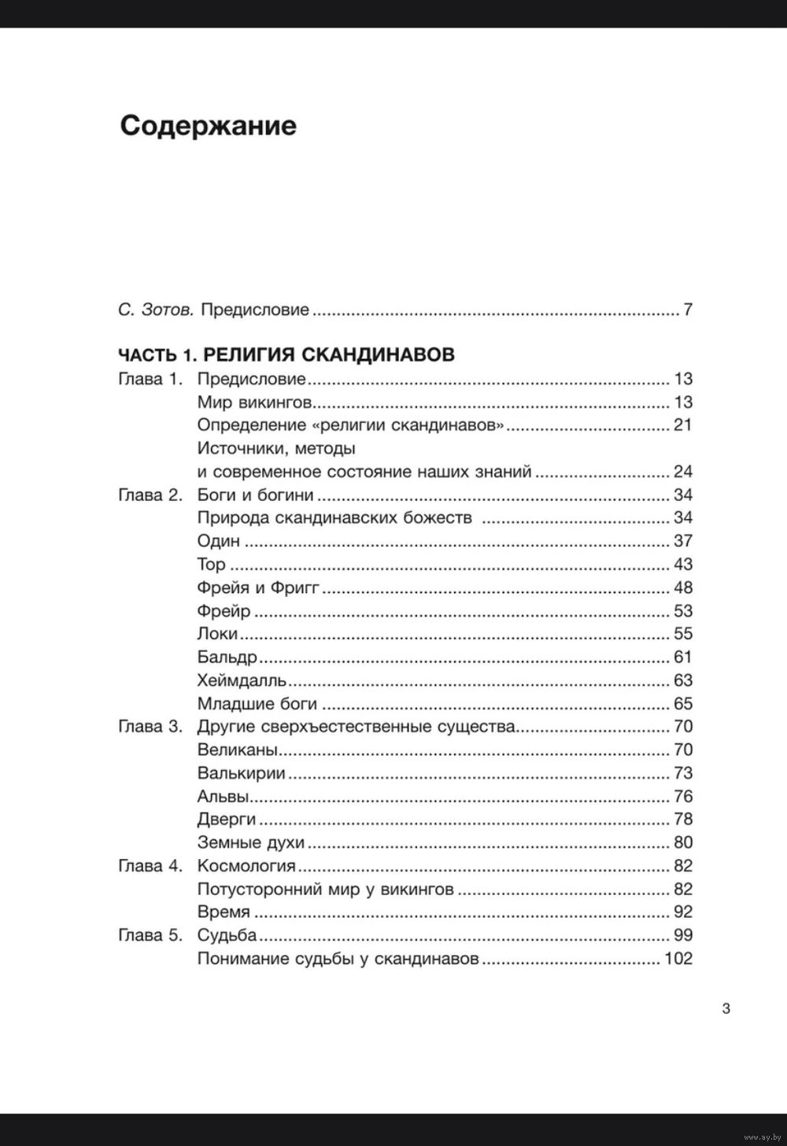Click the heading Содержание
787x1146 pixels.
[208, 126]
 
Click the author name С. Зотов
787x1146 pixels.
[156, 310]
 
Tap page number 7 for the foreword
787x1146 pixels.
[688, 310]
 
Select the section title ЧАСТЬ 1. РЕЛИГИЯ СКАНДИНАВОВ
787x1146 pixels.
[286, 355]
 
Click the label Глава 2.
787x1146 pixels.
[150, 495]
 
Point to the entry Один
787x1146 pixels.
[219, 541]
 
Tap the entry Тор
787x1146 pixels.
[211, 565]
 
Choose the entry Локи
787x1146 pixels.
[217, 634]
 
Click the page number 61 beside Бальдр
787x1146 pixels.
[682, 657]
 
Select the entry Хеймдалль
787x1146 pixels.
[242, 680]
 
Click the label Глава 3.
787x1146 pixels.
[150, 727]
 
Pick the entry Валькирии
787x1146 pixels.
[242, 773]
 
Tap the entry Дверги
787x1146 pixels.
[227, 820]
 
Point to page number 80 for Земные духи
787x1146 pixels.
[682, 842]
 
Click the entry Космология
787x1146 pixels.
[246, 866]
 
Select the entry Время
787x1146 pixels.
[224, 912]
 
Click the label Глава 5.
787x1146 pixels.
[150, 935]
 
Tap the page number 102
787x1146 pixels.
[678, 959]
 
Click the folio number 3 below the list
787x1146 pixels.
[726, 1009]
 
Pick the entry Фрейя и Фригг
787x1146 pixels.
[258, 588]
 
